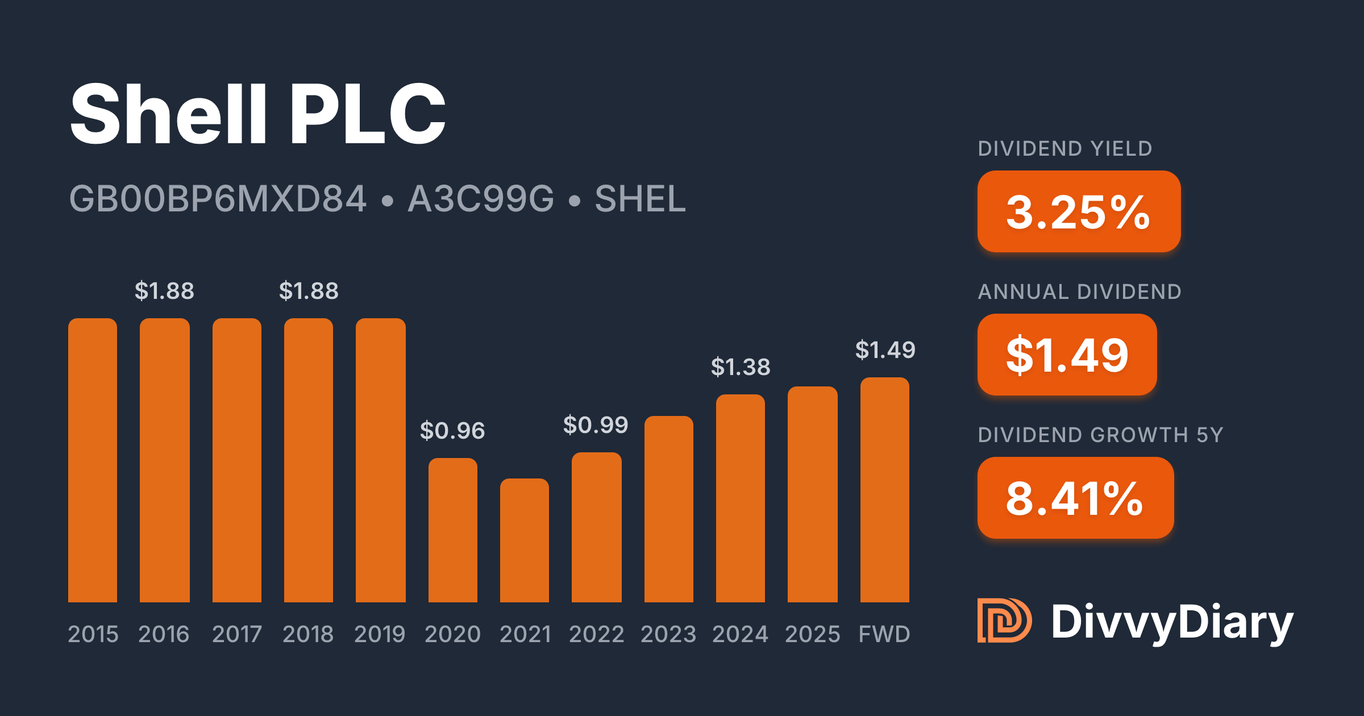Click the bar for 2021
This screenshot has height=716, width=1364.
coord(525,540)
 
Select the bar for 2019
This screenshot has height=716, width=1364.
coord(380,460)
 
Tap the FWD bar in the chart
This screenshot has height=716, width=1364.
coord(885,490)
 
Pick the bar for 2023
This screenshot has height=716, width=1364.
coord(669,509)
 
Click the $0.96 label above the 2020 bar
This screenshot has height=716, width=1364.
coord(452,431)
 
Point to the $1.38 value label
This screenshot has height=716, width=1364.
coord(741,367)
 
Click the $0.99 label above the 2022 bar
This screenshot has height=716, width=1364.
coord(596,425)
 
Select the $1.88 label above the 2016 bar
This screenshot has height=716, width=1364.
coord(164,291)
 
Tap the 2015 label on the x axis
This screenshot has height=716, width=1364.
coord(93,634)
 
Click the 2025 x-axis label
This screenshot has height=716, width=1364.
coord(813,634)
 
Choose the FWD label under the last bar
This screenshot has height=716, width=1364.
coord(884,634)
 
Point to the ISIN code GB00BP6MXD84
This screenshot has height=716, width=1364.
coord(218,199)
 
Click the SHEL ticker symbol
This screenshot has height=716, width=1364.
coord(641,199)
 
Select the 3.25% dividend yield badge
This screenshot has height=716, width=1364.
coord(1079,211)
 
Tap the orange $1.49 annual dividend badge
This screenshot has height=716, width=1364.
coord(1067,355)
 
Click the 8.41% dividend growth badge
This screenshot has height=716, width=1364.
coord(1075,498)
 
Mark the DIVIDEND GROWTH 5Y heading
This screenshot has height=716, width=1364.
coord(1100,435)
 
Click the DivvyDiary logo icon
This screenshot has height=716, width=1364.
coord(1004,621)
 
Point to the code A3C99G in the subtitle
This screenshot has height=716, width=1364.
coord(481,199)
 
